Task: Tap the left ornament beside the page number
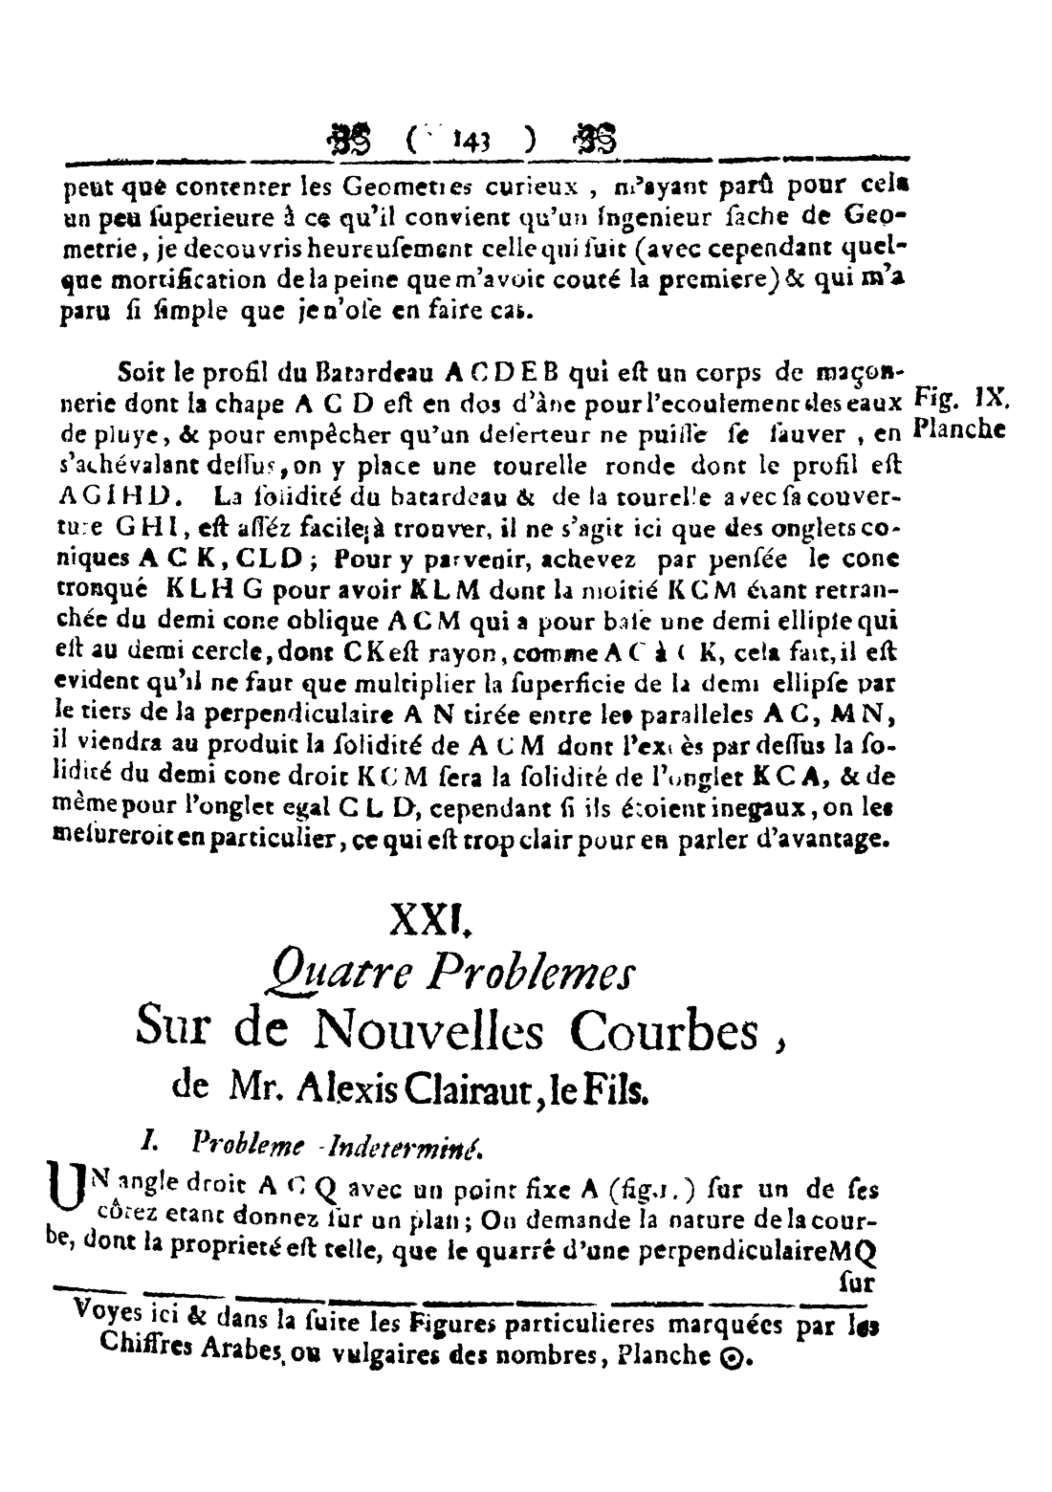(x=353, y=137)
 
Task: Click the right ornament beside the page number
(x=592, y=137)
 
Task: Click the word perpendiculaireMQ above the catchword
(x=779, y=1251)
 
